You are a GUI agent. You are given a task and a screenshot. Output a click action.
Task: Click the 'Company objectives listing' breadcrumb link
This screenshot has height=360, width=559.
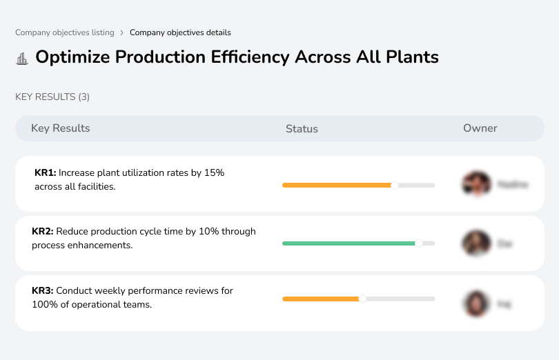click(x=65, y=32)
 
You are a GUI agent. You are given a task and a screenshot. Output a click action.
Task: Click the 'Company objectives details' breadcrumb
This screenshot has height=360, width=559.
click(x=180, y=32)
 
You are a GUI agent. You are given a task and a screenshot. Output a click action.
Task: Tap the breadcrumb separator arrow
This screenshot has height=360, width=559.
click(x=121, y=32)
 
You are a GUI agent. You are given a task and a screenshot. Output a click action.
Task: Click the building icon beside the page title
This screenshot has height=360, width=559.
click(x=22, y=59)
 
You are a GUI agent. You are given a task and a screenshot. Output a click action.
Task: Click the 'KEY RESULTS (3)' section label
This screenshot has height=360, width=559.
click(x=52, y=97)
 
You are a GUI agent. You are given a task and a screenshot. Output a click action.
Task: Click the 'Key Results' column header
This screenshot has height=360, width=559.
click(x=60, y=128)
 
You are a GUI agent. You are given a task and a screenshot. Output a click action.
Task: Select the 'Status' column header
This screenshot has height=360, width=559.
click(x=302, y=129)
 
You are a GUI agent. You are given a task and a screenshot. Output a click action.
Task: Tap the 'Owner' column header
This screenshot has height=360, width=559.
click(x=480, y=128)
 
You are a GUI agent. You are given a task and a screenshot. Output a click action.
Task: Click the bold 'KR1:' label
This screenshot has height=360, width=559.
click(x=45, y=173)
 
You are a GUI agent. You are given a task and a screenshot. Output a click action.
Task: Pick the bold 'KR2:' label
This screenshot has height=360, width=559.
click(x=43, y=232)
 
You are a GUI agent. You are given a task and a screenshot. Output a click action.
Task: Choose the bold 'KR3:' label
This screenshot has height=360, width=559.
click(x=43, y=291)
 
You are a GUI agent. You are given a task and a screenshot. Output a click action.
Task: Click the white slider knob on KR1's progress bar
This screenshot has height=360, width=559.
click(x=395, y=185)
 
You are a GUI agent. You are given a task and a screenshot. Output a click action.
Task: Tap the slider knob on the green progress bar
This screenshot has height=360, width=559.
click(x=419, y=243)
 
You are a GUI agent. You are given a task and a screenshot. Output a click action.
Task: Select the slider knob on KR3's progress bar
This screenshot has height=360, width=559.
click(x=362, y=299)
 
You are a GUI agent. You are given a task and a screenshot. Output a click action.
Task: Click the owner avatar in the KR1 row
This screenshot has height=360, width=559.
click(x=475, y=184)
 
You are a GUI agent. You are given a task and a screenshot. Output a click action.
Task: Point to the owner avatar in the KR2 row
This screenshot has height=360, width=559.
click(x=475, y=243)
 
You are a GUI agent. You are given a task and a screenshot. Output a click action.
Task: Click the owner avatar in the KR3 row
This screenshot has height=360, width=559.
click(x=475, y=303)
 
